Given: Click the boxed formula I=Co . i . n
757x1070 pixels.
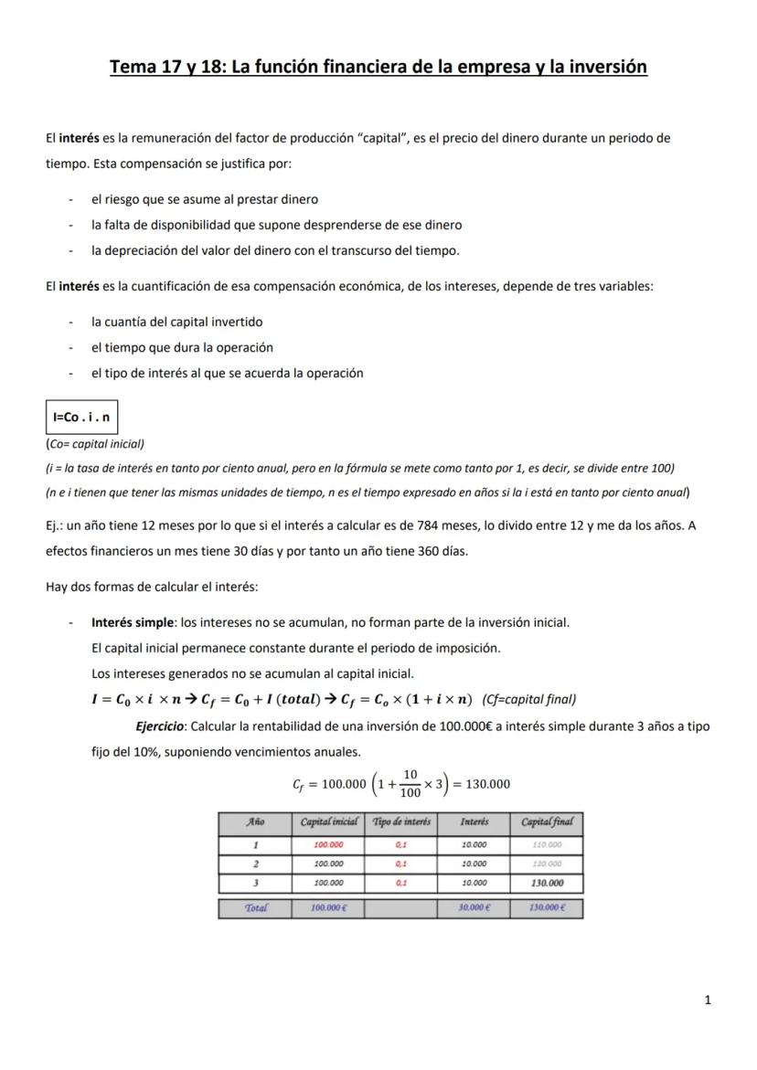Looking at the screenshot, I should point(81,417).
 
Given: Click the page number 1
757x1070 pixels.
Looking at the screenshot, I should point(709,1000).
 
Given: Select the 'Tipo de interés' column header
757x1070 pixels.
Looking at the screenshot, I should point(400,822).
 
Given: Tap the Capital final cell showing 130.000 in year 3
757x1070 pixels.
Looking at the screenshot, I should point(546,884).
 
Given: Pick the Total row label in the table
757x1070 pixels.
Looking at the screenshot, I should point(255,908).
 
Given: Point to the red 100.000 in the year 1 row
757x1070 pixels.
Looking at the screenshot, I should point(328,845).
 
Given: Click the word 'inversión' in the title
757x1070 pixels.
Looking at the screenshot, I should point(606,67).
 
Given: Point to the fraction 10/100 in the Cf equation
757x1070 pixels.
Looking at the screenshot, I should point(410,783).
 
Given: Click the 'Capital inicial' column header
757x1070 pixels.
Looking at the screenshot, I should point(328,822).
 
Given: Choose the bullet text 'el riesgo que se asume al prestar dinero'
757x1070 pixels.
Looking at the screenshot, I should point(205,198).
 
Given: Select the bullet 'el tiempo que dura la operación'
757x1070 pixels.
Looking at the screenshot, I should point(182,347).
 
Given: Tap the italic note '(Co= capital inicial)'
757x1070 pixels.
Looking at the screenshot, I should point(95,443).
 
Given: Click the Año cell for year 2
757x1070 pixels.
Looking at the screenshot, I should point(255,863).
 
